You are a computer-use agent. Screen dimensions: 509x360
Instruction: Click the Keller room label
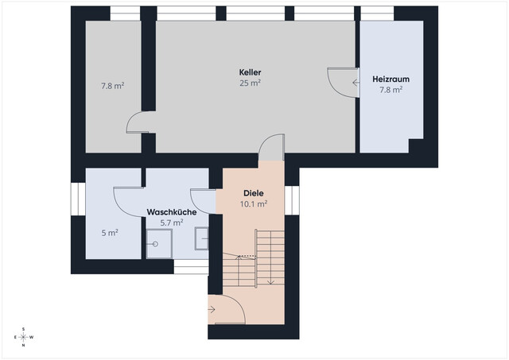point(250,72)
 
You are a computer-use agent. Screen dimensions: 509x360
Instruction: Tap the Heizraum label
point(390,79)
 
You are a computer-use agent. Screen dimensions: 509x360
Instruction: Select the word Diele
point(254,193)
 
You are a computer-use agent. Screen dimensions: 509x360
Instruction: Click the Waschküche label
point(172,212)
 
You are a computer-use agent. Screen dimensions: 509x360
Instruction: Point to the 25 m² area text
point(250,83)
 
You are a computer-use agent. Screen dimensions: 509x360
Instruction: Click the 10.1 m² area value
point(254,204)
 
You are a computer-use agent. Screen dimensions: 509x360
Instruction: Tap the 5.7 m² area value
point(172,223)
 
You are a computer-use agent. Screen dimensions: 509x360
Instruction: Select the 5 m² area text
point(110,233)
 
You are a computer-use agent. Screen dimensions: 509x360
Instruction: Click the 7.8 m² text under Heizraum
point(390,90)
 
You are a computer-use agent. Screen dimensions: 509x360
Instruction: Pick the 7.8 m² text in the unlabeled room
point(112,86)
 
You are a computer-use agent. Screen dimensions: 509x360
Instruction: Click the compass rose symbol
point(24,337)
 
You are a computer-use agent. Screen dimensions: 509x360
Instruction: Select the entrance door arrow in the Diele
point(212,310)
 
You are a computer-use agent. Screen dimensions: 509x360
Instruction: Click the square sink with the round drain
point(159,244)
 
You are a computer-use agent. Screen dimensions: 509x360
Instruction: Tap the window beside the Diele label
point(292,200)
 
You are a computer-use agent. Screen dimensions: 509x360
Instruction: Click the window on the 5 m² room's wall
point(78,199)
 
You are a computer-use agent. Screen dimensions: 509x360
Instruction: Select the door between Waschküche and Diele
point(204,201)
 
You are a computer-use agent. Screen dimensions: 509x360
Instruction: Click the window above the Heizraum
point(377,14)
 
